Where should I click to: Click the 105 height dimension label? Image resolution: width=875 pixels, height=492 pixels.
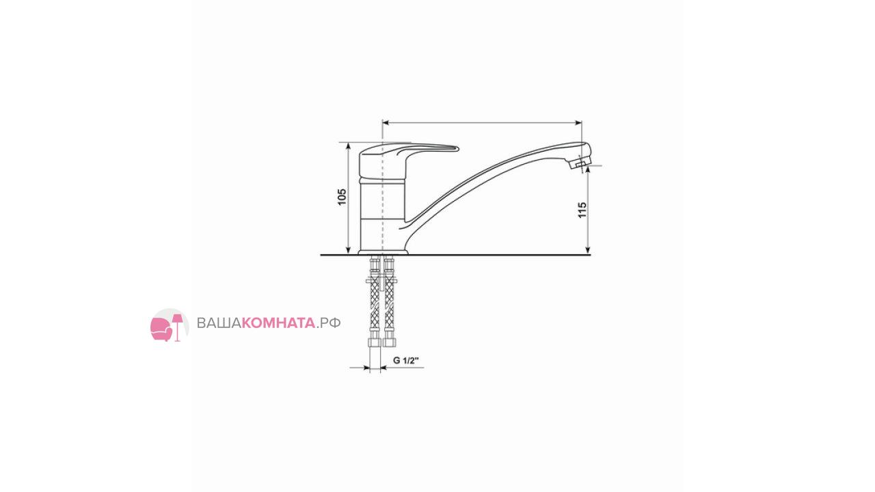coord(342,197)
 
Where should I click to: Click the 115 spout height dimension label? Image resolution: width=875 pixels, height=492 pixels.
coord(582,210)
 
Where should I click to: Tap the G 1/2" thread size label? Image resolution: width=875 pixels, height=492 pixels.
coord(406,360)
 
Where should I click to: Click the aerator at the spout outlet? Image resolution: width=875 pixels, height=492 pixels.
coord(579,163)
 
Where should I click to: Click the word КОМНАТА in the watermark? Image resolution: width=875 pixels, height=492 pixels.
coord(278,323)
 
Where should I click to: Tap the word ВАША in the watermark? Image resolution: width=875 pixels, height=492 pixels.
coord(219,323)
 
